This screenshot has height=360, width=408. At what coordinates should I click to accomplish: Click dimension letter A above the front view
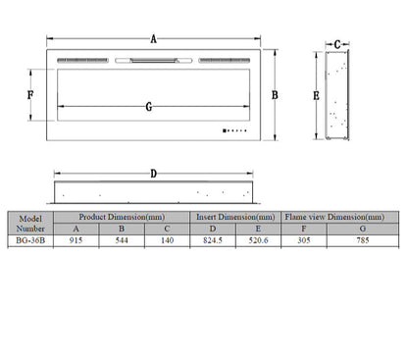[x=153, y=39]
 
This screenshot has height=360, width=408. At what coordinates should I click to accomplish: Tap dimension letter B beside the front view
[x=275, y=95]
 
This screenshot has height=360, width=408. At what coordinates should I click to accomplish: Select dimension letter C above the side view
[x=337, y=44]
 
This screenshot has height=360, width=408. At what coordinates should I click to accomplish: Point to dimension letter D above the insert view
[x=153, y=174]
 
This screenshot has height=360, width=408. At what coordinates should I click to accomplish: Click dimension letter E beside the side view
[x=316, y=96]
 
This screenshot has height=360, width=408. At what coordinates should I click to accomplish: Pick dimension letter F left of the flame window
[x=30, y=95]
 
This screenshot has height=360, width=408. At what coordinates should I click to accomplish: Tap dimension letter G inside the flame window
[x=149, y=107]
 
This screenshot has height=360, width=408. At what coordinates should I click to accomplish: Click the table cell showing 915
[x=76, y=240]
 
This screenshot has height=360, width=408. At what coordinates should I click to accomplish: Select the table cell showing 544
[x=122, y=240]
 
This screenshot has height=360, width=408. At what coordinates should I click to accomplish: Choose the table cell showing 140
[x=167, y=240]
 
